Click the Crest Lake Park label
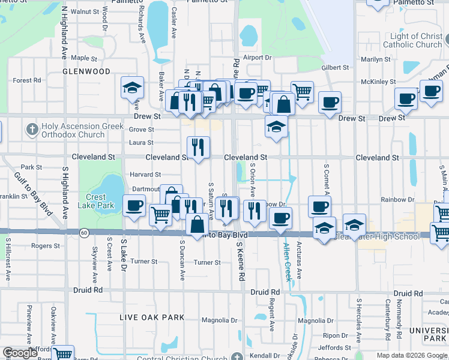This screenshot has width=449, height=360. (95, 200)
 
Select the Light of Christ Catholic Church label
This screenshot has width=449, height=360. (412, 40)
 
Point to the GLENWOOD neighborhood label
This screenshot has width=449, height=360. (87, 71)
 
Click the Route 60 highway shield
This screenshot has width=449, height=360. (85, 232)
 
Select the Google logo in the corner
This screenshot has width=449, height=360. (19, 353)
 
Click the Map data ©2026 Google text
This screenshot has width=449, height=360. (412, 355)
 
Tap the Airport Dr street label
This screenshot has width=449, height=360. (258, 58)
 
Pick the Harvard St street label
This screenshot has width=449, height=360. (146, 175)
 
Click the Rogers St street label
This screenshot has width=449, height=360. (46, 246)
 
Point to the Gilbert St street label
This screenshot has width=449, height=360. (335, 68)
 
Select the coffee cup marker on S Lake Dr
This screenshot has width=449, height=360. (134, 206)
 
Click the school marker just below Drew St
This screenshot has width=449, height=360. (276, 127)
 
